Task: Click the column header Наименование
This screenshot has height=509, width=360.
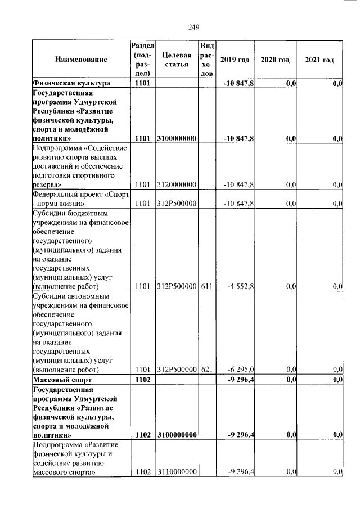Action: coord(81,60)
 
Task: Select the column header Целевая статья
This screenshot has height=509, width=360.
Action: coord(177,60)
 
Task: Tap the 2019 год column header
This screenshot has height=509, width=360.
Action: coord(235,60)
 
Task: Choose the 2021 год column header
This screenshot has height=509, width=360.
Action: coord(319,60)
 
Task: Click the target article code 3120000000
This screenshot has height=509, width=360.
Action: coord(177,184)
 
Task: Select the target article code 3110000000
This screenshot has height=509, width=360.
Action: coord(177,472)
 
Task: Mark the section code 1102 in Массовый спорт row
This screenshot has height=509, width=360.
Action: coord(142,380)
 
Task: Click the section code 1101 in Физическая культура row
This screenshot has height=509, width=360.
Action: coord(142,83)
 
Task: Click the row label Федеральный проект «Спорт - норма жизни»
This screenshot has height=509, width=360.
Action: coord(80,199)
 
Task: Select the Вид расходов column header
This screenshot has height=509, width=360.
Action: coord(206,59)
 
